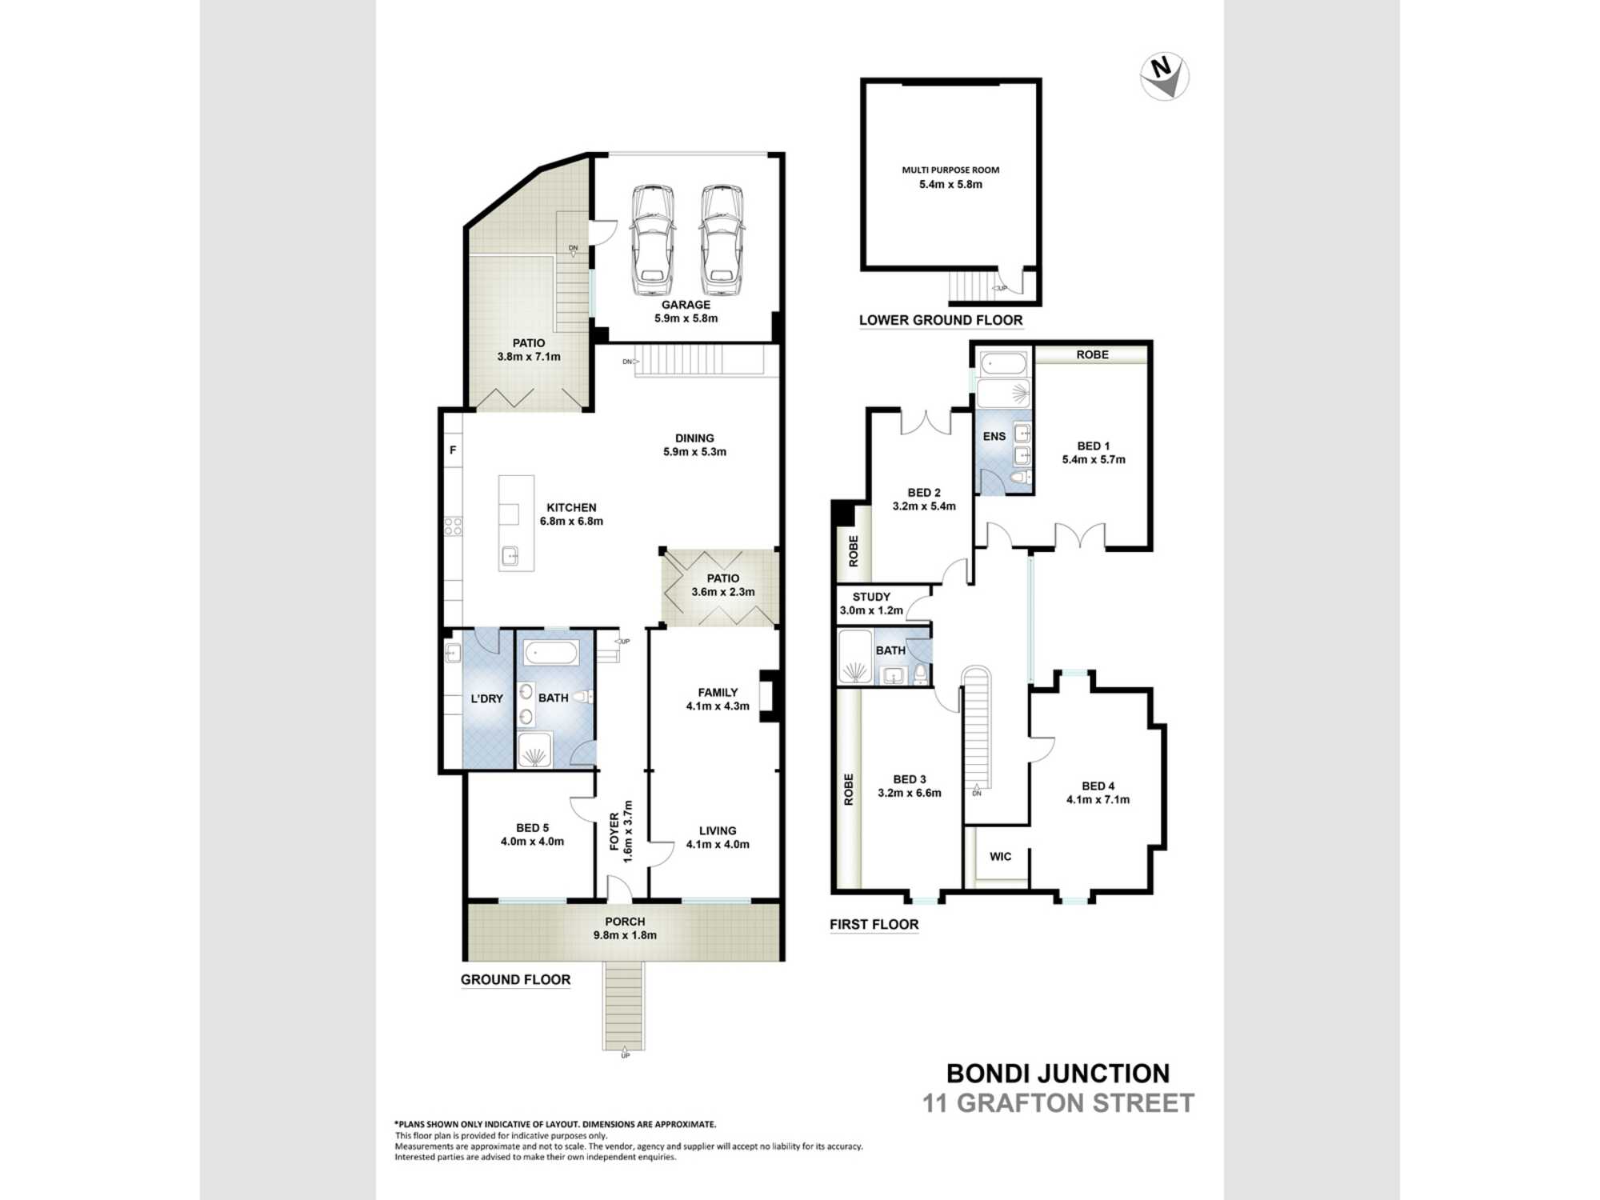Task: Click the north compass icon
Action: point(1165,77)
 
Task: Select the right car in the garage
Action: point(722,240)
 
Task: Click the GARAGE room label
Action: point(686,305)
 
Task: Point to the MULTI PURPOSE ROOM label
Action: point(950,170)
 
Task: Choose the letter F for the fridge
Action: point(453,450)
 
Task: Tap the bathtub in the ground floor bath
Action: point(551,654)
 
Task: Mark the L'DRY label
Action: point(486,698)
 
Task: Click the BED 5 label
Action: point(532,828)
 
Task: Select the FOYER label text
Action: point(614,832)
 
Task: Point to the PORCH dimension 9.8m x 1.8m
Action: point(625,935)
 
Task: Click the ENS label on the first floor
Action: point(994,436)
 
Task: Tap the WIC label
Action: point(1001,856)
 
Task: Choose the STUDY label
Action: point(871,597)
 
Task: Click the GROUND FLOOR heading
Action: point(515,979)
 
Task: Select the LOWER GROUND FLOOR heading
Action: point(941,320)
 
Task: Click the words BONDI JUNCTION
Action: point(1058,1074)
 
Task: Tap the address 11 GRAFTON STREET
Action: point(1058,1103)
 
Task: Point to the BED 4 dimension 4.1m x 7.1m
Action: point(1098,799)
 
